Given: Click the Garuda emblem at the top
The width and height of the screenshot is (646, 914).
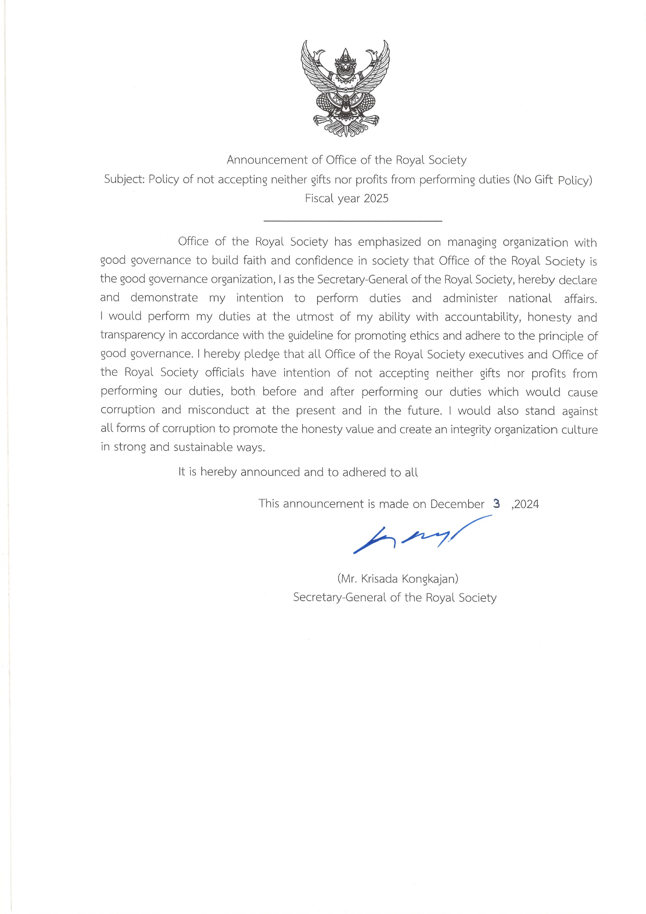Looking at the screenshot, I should (x=345, y=88).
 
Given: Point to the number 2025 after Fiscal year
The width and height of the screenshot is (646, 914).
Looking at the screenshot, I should (x=376, y=198).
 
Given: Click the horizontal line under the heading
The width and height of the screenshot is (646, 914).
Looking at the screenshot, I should (x=353, y=220).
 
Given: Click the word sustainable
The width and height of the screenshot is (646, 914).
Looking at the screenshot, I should (x=203, y=447).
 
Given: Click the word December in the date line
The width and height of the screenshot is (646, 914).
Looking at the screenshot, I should (x=457, y=504).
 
